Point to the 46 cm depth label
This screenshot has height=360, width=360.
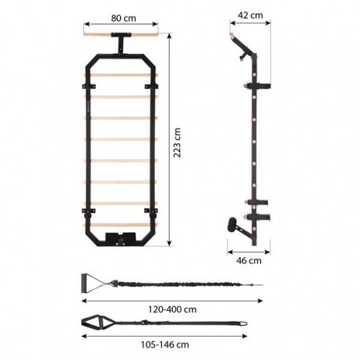(x=249, y=261)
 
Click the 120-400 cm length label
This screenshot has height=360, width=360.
(x=171, y=308)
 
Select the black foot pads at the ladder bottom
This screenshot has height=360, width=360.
(x=120, y=236)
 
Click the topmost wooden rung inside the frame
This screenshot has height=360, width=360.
(x=120, y=76)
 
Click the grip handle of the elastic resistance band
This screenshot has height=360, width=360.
(x=87, y=284)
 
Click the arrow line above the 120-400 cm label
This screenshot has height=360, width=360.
(x=171, y=299)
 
